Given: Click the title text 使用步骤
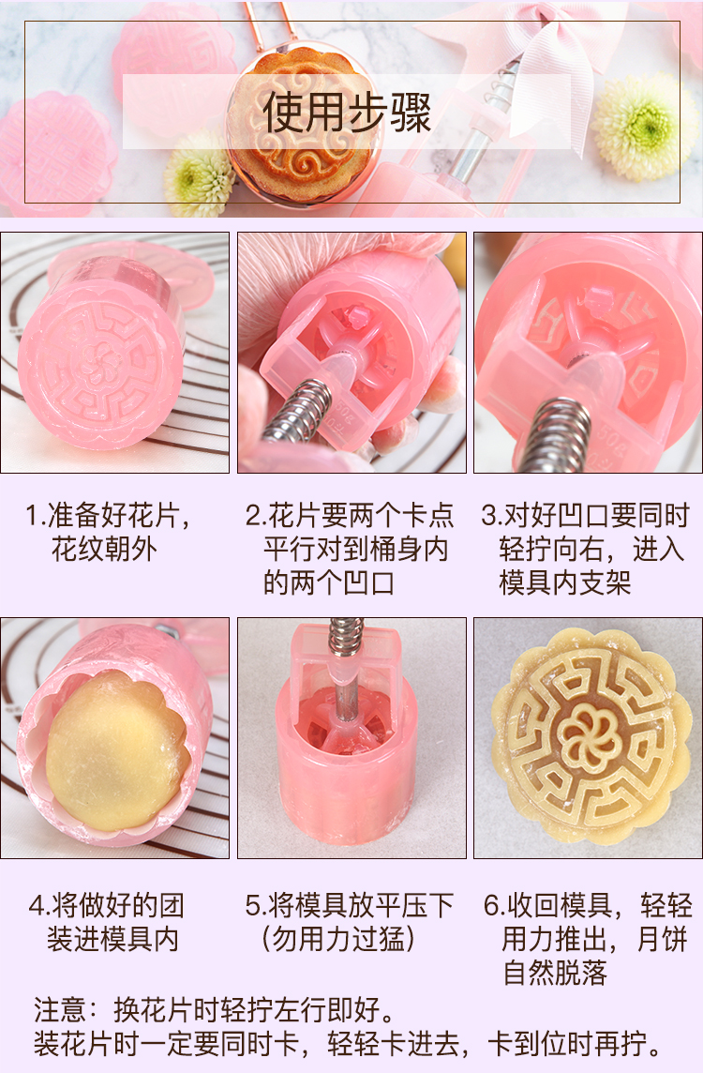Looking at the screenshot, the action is click(348, 113).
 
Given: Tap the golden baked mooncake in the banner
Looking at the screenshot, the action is click(295, 123).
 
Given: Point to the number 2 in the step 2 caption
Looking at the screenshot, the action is click(252, 516).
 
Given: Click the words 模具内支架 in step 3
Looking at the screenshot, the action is click(565, 583).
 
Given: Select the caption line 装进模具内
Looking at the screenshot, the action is click(112, 939).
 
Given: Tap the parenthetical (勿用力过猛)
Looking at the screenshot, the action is click(338, 939).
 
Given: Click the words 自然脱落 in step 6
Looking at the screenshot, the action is click(555, 973).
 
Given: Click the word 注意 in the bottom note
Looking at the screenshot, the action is click(59, 1010).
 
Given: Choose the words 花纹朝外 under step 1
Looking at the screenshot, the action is click(104, 550).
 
